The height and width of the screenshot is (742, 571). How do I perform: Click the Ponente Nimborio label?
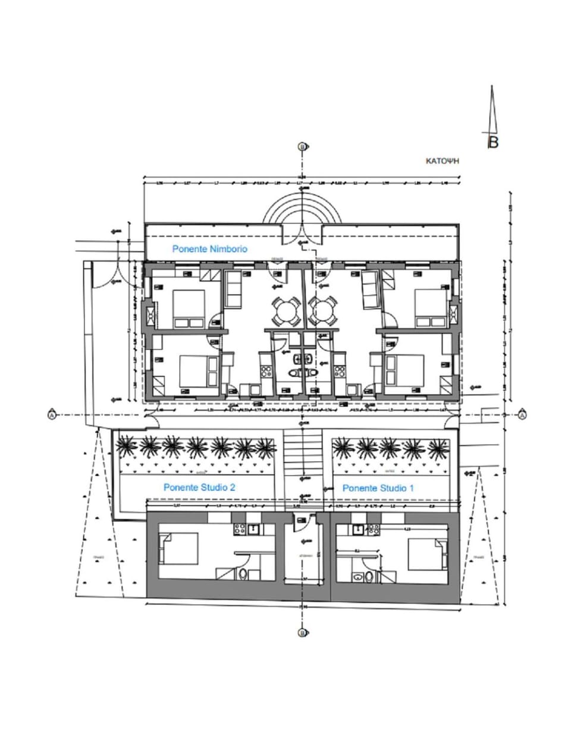click(209, 249)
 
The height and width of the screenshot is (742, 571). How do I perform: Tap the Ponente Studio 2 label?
click(199, 487)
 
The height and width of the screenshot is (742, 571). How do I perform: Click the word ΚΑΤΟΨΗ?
click(444, 161)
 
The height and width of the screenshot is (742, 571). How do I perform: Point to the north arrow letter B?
click(492, 142)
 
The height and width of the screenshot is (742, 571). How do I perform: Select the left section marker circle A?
click(52, 414)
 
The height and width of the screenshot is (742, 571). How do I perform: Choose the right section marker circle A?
click(522, 414)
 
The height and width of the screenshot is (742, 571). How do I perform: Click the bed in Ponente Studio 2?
click(178, 549)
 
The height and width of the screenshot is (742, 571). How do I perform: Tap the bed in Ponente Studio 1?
click(426, 554)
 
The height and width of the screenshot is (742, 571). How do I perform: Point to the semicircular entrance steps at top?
click(303, 212)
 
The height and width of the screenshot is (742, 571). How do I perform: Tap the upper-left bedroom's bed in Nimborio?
click(189, 308)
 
